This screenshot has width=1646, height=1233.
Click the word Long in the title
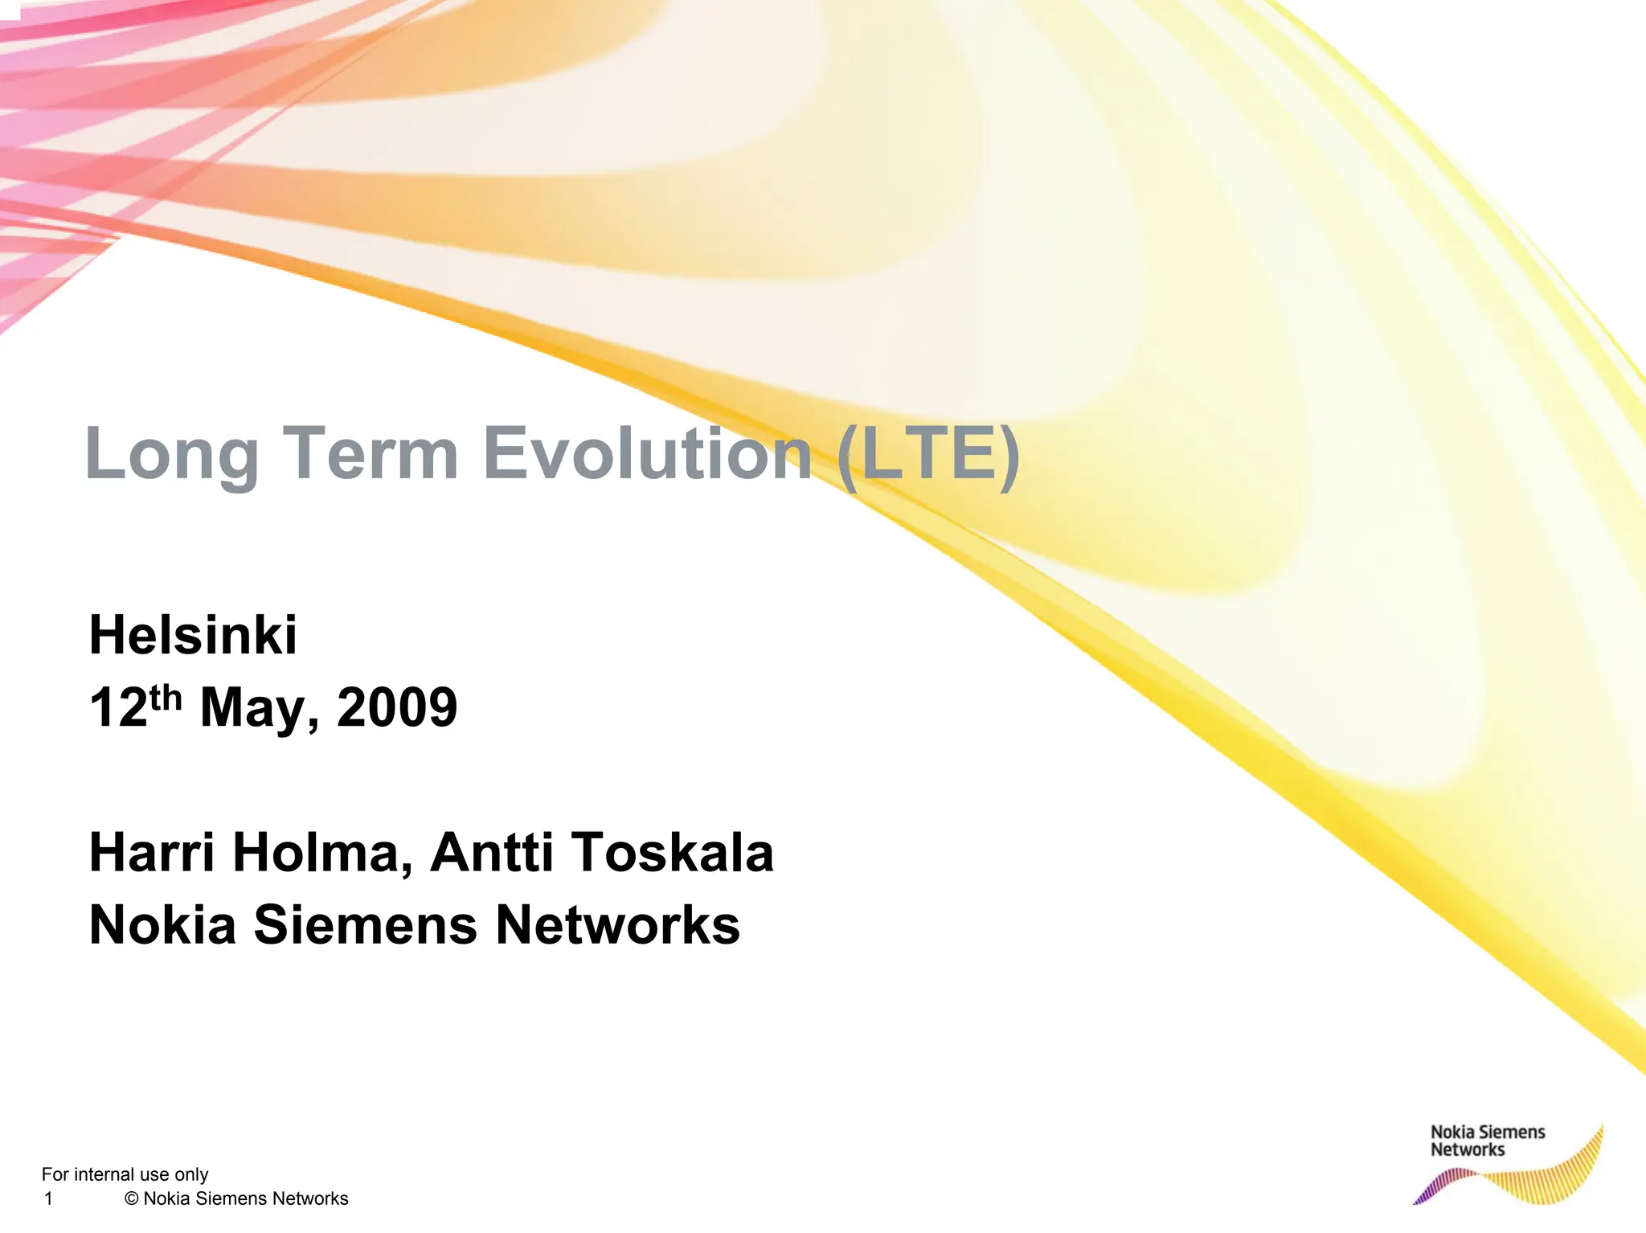pos(170,455)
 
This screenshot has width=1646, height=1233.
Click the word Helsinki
pos(193,635)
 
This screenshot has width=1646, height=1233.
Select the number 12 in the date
pos(118,708)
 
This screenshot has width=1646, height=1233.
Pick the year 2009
pos(397,708)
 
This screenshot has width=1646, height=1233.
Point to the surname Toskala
pos(673,852)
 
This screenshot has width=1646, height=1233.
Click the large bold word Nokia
pos(162,924)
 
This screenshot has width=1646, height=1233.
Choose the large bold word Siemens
pos(366,924)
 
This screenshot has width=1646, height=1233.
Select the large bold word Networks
pos(617,924)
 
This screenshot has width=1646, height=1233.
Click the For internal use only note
pos(125,1174)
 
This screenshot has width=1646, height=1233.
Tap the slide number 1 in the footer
pos(48,1198)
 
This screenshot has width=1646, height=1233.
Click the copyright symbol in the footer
pos(132,1198)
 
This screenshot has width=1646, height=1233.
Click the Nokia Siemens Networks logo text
pos(1487,1141)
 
